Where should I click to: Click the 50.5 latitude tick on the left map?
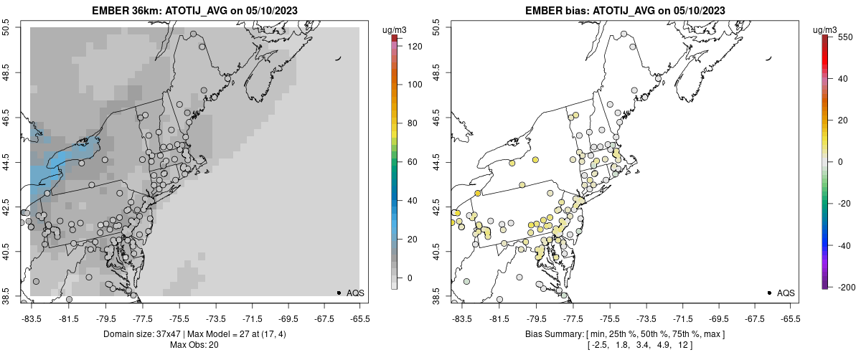click(x=6, y=28)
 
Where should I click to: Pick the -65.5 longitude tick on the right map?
click(x=790, y=319)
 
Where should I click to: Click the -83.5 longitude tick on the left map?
click(x=31, y=319)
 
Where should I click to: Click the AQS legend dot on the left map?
click(x=339, y=293)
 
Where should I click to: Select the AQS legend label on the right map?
click(x=786, y=293)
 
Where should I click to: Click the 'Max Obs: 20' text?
click(x=194, y=345)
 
